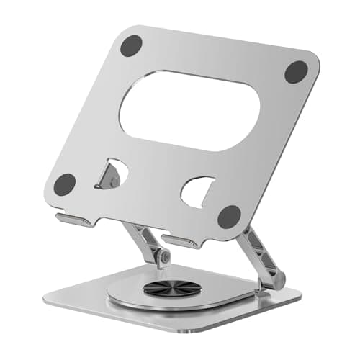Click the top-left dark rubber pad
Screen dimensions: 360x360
pyautogui.click(x=130, y=45)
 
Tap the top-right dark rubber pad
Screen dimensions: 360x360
pyautogui.click(x=296, y=71)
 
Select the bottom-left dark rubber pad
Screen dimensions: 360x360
pyautogui.click(x=65, y=184)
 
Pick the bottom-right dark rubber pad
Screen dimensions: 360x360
pyautogui.click(x=230, y=215)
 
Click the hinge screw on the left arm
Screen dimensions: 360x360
pyautogui.click(x=165, y=256)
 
